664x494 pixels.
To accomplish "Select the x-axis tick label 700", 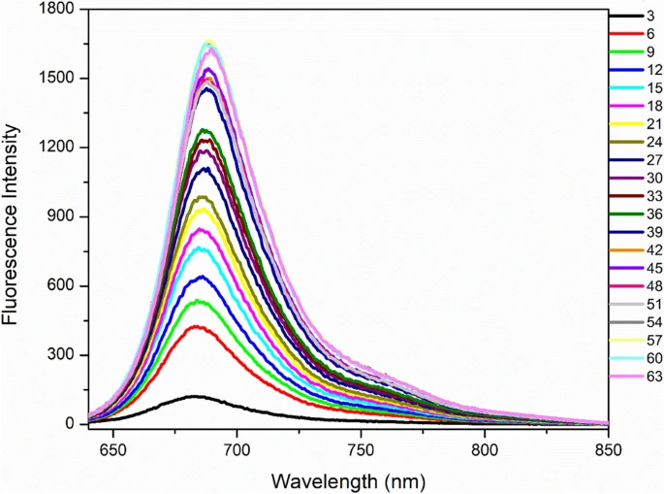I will (237, 449).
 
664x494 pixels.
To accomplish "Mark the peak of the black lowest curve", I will (196, 396).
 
